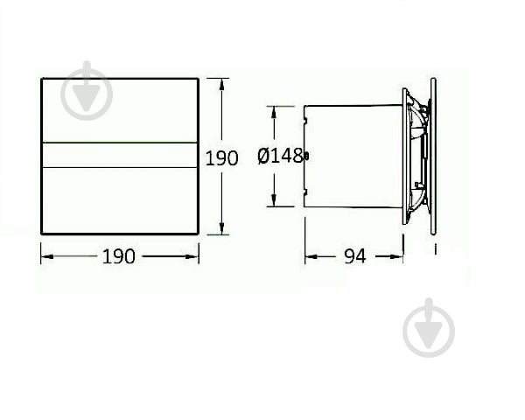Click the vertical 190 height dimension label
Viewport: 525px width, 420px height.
coord(221,158)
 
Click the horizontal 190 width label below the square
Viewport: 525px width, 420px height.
coord(119,255)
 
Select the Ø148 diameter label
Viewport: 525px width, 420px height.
coord(280,157)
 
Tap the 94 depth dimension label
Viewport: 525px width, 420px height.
coord(354,256)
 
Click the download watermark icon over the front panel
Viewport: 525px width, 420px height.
coord(87,90)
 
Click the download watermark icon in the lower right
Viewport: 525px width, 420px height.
coord(429,327)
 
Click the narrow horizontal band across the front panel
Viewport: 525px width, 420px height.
coord(120,155)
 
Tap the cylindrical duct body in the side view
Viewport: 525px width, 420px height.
coord(354,156)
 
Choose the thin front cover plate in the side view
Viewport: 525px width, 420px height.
coord(433,156)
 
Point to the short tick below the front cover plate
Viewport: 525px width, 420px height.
coord(435,249)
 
